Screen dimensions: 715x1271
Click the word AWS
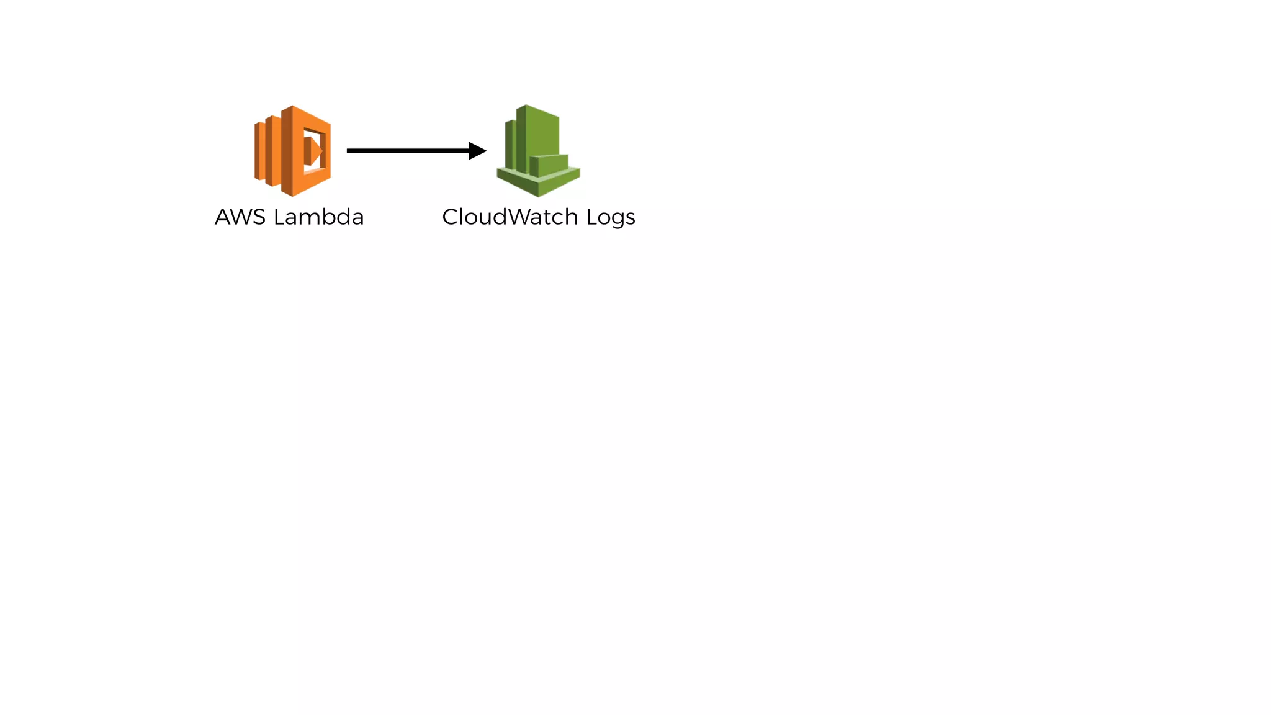(240, 217)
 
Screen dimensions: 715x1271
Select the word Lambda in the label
(318, 217)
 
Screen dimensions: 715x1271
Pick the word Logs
(611, 218)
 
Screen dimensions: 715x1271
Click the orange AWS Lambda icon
(292, 151)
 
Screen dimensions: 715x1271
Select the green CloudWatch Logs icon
(538, 151)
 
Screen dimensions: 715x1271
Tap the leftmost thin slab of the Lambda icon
(259, 151)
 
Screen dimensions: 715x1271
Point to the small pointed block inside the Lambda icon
(313, 151)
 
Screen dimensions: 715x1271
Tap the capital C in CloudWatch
(450, 217)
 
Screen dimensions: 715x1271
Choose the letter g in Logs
(617, 220)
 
